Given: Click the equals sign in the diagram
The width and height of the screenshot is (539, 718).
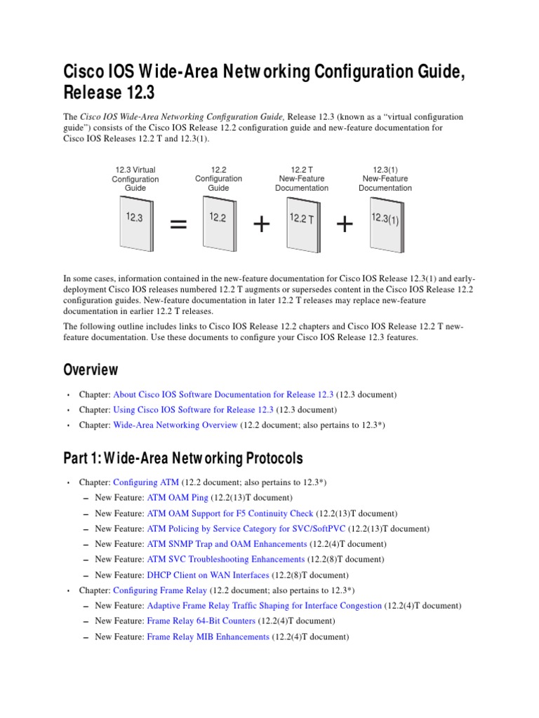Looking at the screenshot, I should (179, 225).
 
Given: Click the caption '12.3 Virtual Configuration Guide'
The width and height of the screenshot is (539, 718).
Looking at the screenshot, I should (135, 179).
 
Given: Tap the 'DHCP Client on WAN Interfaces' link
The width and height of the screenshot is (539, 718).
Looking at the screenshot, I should (208, 575).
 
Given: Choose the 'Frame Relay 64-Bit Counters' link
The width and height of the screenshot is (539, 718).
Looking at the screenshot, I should (201, 621).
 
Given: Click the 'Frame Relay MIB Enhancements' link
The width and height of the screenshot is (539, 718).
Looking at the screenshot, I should (208, 637).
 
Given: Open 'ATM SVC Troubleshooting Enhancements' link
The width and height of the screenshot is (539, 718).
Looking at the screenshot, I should (226, 560).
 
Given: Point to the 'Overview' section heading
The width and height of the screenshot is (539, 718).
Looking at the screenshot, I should (91, 370).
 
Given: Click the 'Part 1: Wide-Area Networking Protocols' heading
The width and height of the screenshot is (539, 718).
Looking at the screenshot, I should (183, 459).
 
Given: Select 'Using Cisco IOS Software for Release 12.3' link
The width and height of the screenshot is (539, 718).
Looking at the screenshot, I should (193, 409).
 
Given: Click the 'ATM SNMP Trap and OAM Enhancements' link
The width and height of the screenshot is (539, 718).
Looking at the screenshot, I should (227, 544).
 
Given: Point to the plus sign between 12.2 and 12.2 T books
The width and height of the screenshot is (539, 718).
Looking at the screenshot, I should (261, 224).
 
